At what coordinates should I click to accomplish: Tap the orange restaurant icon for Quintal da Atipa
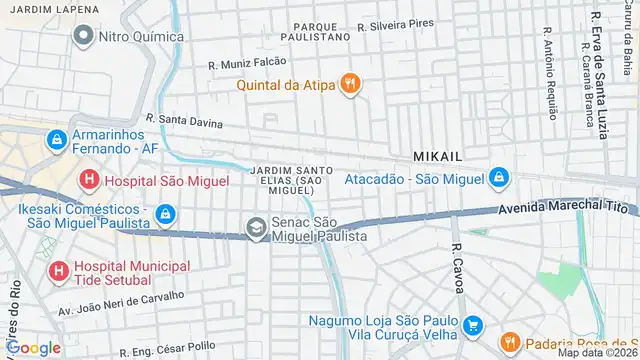point(349,84)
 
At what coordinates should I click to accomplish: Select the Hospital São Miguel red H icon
point(89,180)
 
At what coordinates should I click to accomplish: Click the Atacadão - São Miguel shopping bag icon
point(497,179)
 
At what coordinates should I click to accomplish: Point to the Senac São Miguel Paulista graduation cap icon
point(257,227)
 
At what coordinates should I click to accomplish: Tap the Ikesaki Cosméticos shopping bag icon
point(167,214)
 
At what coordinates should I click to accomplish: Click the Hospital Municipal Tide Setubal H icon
point(57,271)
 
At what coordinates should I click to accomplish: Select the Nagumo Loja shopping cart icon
point(474,326)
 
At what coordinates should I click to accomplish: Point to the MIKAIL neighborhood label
point(438,156)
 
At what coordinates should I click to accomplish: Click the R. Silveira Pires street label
point(398,22)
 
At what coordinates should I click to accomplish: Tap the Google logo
point(32,347)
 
